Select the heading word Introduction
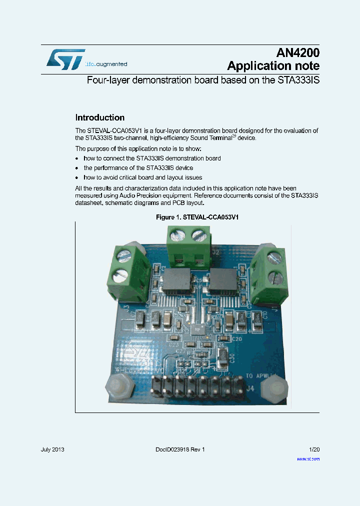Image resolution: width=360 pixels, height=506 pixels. (99, 118)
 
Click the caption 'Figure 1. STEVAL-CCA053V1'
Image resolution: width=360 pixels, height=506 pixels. (197, 217)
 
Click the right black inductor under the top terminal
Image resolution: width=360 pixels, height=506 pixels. (224, 281)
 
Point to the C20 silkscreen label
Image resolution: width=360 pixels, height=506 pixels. (237, 339)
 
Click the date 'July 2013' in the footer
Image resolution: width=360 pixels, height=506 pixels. (52, 449)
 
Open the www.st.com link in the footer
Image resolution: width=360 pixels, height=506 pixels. (308, 458)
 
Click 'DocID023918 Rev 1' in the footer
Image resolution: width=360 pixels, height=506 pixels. (180, 449)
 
